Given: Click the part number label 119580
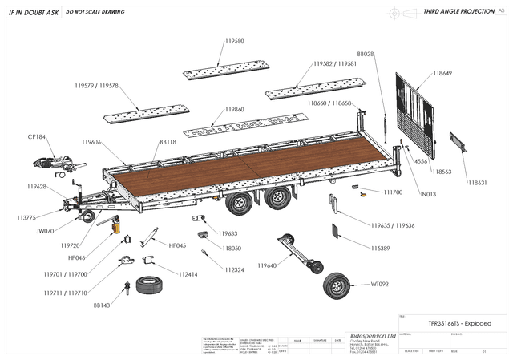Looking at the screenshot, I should tap(235, 41).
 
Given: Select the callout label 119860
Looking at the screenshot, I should tap(235, 108).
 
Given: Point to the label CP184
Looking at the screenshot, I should tap(37, 136).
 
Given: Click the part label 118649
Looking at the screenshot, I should tap(442, 73).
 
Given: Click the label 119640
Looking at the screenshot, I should tap(267, 265).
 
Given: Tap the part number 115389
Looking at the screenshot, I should tap(381, 249).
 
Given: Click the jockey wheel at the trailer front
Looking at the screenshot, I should tap(87, 216).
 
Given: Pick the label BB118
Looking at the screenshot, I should tap(168, 141).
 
